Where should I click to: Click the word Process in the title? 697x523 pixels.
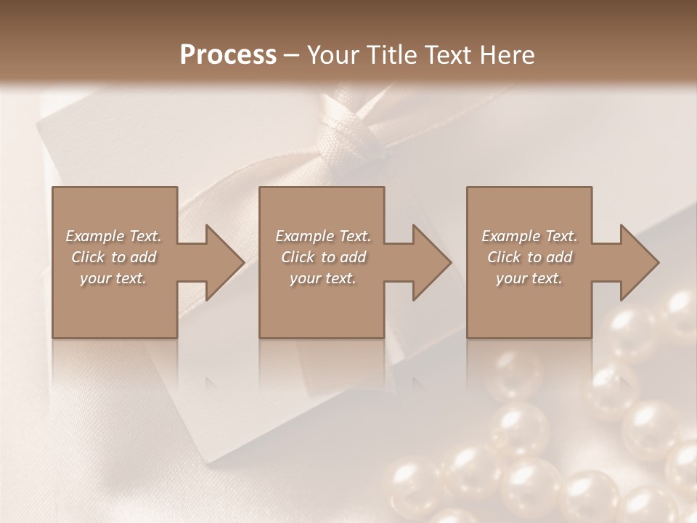[x=228, y=55]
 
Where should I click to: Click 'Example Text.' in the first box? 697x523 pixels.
[x=113, y=236]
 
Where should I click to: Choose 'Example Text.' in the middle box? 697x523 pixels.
[x=323, y=236]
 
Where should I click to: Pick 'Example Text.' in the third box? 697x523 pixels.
[x=529, y=236]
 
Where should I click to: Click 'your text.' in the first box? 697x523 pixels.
[x=113, y=278]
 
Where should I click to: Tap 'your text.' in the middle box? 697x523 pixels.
[x=323, y=278]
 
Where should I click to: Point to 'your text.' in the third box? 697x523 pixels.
[x=529, y=278]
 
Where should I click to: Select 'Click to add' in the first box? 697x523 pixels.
[x=113, y=257]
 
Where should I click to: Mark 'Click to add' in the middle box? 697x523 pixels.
[x=323, y=257]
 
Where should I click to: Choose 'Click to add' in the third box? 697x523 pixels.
[x=529, y=257]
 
